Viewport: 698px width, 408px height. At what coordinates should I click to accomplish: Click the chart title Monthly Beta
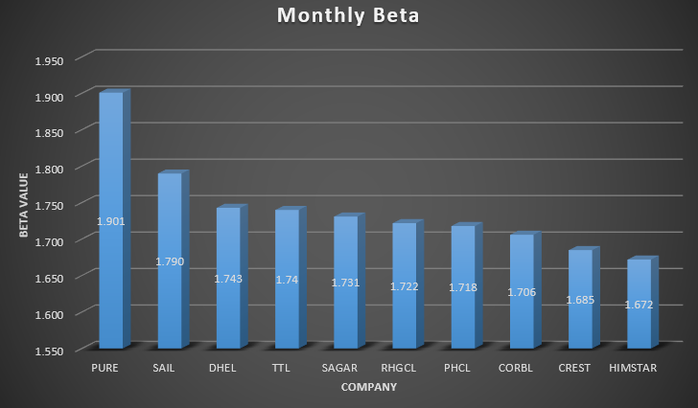pos(348,16)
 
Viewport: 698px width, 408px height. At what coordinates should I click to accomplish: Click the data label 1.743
pos(228,279)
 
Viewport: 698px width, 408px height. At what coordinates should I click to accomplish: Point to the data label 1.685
pos(580,300)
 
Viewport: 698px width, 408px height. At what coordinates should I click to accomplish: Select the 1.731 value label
pos(345,283)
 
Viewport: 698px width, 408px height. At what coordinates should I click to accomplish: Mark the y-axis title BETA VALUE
pos(23,206)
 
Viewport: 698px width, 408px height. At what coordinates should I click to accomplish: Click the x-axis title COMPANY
pos(368,388)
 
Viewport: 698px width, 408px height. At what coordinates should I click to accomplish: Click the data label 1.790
pos(170,261)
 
